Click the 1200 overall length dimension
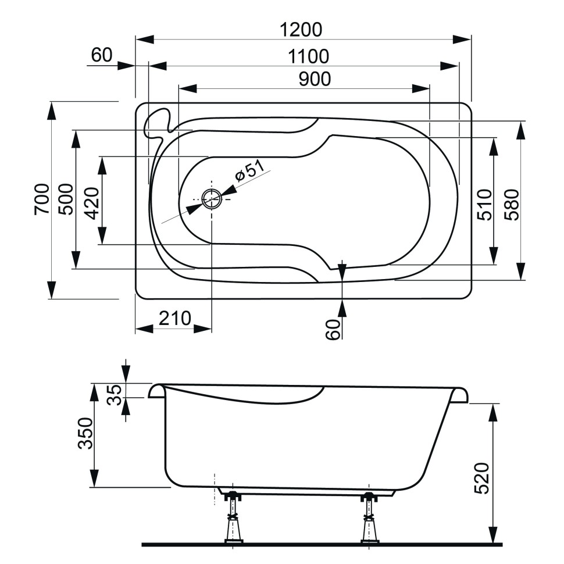pyautogui.click(x=301, y=29)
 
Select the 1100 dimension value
pyautogui.click(x=308, y=56)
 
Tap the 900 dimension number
pyautogui.click(x=315, y=79)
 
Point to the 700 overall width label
pyautogui.click(x=41, y=199)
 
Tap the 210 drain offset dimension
pyautogui.click(x=174, y=319)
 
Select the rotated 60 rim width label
pyautogui.click(x=332, y=330)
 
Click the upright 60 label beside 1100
pyautogui.click(x=102, y=55)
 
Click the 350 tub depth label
pyautogui.click(x=85, y=433)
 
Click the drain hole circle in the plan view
pyautogui.click(x=212, y=199)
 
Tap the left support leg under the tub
pyautogui.click(x=233, y=517)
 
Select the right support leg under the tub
pyautogui.click(x=369, y=517)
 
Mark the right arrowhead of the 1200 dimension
pyautogui.click(x=462, y=39)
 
